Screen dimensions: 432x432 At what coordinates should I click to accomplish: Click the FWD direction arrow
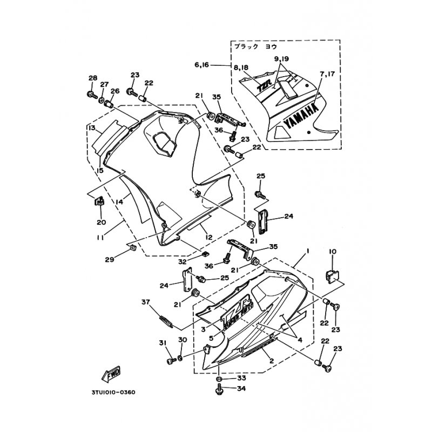[x=110, y=373]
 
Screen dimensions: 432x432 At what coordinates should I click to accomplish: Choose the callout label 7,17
[x=326, y=72]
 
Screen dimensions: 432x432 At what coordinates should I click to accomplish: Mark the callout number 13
[x=91, y=128]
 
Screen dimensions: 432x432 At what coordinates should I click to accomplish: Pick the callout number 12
[x=206, y=235]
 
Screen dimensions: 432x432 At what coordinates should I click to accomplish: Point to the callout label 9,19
[x=281, y=58]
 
